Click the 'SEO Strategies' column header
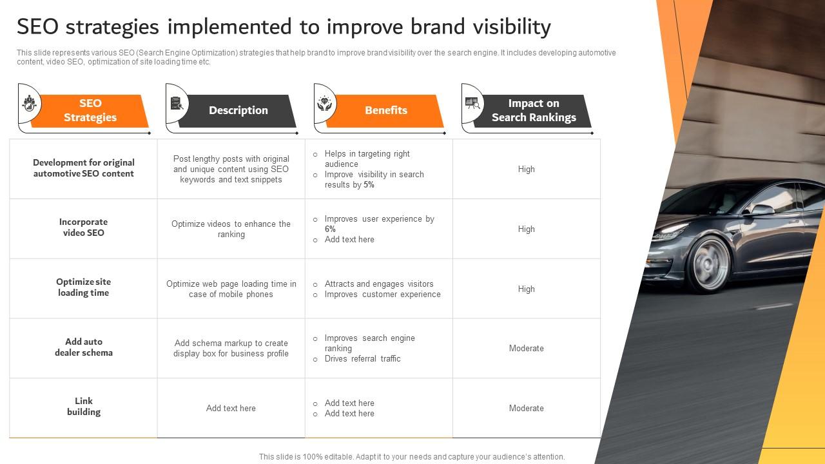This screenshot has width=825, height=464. point(90,110)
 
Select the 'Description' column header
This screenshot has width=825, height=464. point(238,110)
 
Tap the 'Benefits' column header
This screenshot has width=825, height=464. point(386,110)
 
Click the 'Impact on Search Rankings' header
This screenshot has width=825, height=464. point(534,110)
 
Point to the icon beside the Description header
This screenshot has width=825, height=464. point(177,103)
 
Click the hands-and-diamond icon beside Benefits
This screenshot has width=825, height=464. point(324,104)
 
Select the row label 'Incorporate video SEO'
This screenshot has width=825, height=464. point(84,227)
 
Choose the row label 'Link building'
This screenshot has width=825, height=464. point(84,406)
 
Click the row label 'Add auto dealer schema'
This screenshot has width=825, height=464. point(84,347)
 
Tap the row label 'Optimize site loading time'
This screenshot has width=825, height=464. point(84,287)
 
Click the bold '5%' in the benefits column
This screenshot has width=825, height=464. point(369,184)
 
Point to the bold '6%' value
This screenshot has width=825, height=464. point(330,229)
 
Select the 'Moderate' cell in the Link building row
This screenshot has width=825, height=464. point(527,408)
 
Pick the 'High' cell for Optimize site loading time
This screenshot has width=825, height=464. point(527,289)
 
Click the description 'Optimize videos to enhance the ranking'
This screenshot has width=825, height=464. point(231,229)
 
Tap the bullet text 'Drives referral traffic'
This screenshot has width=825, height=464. point(362,359)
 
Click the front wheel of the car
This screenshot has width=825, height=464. point(707,264)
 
